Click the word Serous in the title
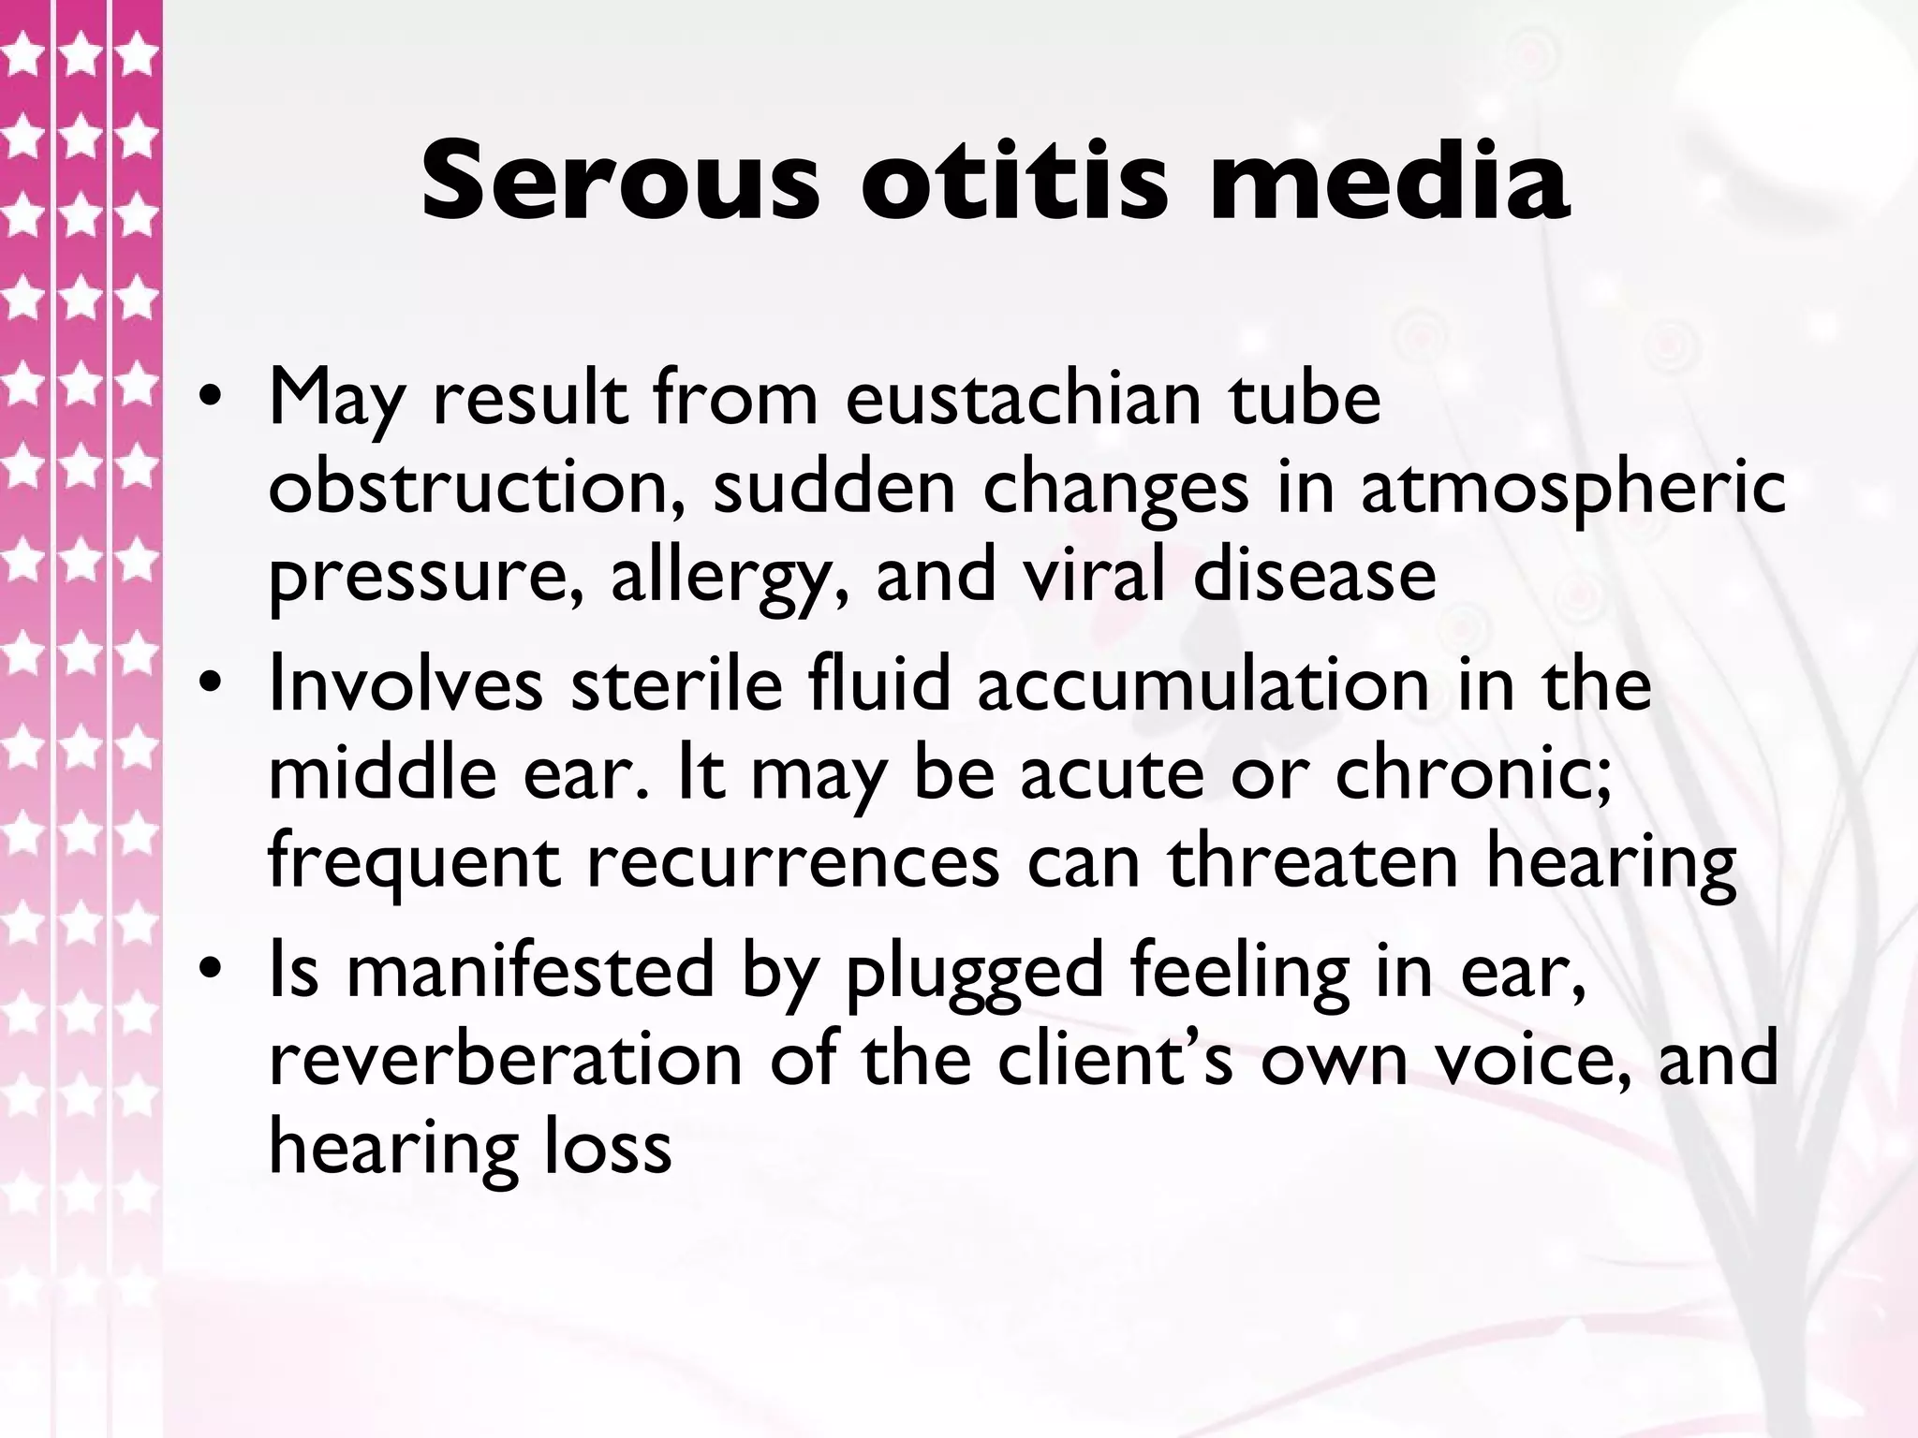(619, 180)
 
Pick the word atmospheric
(1572, 488)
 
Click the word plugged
(974, 974)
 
